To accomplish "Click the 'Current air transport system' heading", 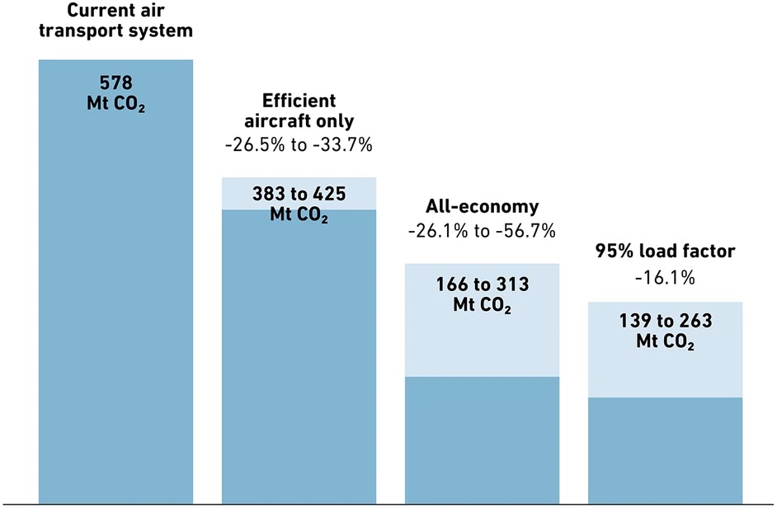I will [115, 21].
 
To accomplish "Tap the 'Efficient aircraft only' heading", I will [299, 111].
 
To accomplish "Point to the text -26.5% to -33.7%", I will [299, 145].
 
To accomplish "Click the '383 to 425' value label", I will [299, 195].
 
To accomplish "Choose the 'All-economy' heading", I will [482, 206].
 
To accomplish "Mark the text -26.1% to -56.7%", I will [482, 230].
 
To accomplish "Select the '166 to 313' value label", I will [482, 285].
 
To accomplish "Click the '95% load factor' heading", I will [665, 252].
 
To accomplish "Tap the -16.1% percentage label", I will [665, 278].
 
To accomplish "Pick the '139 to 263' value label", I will [665, 322].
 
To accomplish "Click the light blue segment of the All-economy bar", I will [482, 346].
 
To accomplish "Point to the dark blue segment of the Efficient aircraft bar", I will [299, 355].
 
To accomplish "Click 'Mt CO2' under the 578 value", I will [115, 106].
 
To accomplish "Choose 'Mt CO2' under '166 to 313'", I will [482, 305].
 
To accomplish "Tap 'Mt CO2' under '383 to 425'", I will [299, 216].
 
